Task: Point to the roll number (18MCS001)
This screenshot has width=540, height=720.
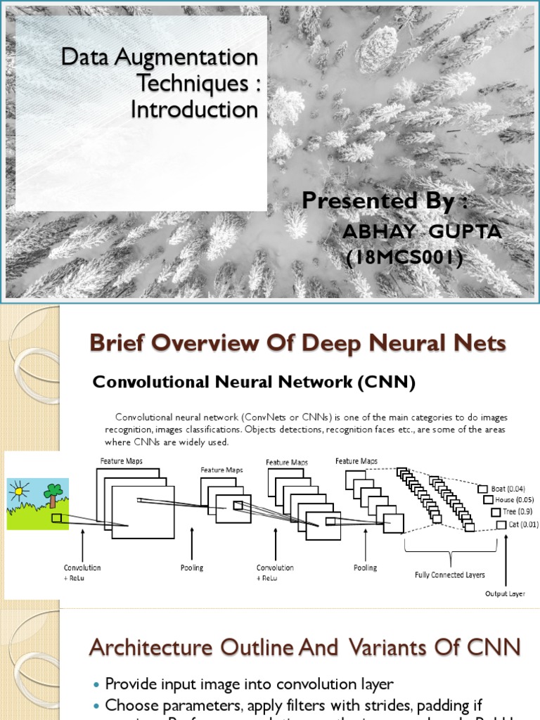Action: pyautogui.click(x=404, y=259)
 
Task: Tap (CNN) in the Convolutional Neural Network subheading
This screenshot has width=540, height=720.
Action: pyautogui.click(x=386, y=382)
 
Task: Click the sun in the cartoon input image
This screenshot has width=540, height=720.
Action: pyautogui.click(x=19, y=487)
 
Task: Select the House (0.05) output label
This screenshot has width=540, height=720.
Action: pyautogui.click(x=509, y=500)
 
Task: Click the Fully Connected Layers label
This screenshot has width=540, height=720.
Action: pyautogui.click(x=450, y=574)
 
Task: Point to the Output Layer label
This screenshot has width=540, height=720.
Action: pyautogui.click(x=505, y=594)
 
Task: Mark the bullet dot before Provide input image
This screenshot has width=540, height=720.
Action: pyautogui.click(x=97, y=684)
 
